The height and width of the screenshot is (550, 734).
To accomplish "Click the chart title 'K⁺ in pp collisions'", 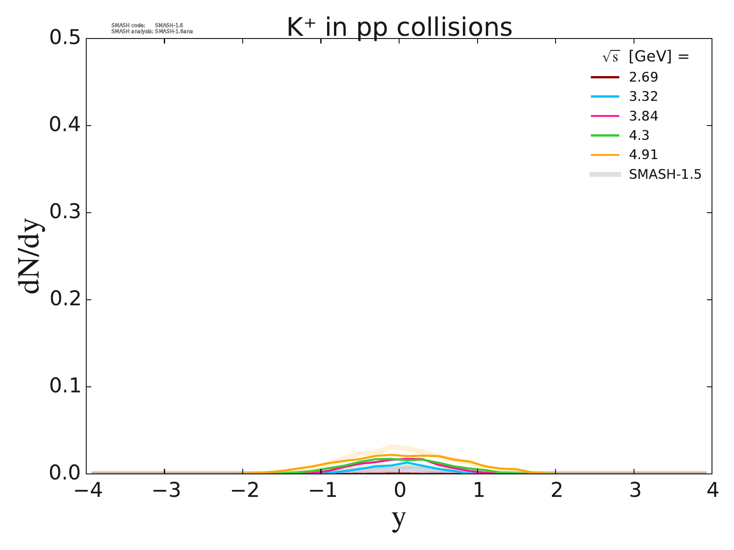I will tap(399, 27).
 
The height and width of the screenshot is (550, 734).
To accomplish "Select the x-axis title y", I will tap(399, 518).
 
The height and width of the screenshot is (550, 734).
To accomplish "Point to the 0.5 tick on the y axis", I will tap(67, 38).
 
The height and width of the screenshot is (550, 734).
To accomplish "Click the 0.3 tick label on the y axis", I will tap(67, 213).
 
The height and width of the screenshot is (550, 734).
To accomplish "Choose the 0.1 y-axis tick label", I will tap(67, 387).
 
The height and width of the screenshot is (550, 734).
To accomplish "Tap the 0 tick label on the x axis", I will tap(400, 491).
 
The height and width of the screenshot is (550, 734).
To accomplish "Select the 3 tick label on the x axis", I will tap(634, 491).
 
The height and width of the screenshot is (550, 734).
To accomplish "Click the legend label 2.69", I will tap(643, 77).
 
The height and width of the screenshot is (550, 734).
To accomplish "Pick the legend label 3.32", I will tap(643, 97).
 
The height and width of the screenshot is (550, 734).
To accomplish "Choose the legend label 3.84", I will tap(643, 116).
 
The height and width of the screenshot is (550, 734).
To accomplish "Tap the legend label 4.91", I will tap(643, 155).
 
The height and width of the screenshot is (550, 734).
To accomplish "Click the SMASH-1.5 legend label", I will tap(665, 175).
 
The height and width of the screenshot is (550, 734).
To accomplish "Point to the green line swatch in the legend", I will tap(605, 136).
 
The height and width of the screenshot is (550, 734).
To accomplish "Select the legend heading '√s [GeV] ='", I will tap(646, 57).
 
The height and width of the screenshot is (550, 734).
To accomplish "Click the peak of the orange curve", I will tap(391, 455).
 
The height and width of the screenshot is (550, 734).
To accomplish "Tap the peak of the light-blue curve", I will tap(407, 463).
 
